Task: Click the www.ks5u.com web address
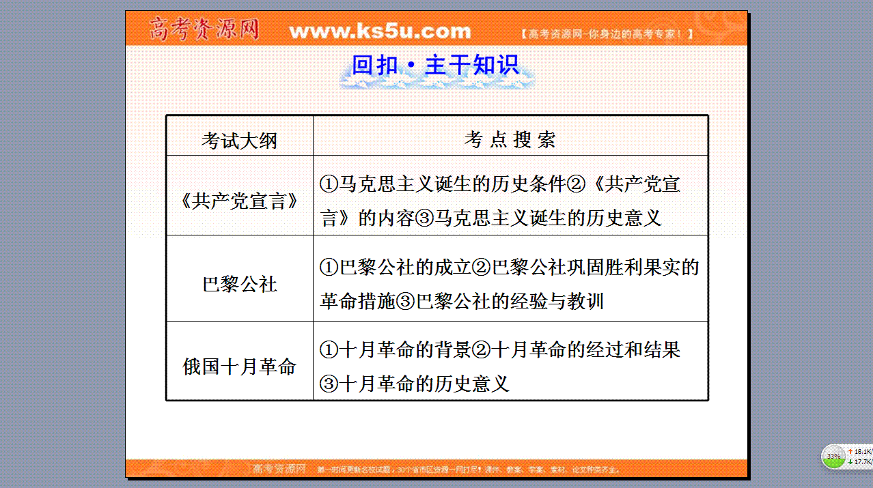[x=380, y=31]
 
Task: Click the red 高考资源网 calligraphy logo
[x=204, y=29]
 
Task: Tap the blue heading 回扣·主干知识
[x=435, y=65]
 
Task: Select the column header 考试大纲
[x=239, y=141]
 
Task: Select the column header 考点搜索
[x=510, y=139]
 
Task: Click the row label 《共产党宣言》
[x=239, y=201]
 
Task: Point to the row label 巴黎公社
[x=240, y=284]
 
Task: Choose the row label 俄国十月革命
[x=239, y=367]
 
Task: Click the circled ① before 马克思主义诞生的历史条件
[x=329, y=184]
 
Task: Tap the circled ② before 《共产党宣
[x=576, y=184]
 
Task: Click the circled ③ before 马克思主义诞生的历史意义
[x=424, y=218]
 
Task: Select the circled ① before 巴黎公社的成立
[x=329, y=268]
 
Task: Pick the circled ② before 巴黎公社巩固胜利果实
[x=481, y=268]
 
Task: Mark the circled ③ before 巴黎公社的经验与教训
[x=405, y=302]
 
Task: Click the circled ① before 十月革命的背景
[x=329, y=349]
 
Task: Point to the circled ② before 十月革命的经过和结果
[x=481, y=349]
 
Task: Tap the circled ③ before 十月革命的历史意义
[x=329, y=384]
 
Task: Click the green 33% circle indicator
[x=833, y=456]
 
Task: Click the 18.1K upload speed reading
[x=862, y=451]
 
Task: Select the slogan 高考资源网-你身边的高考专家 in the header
[x=607, y=34]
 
